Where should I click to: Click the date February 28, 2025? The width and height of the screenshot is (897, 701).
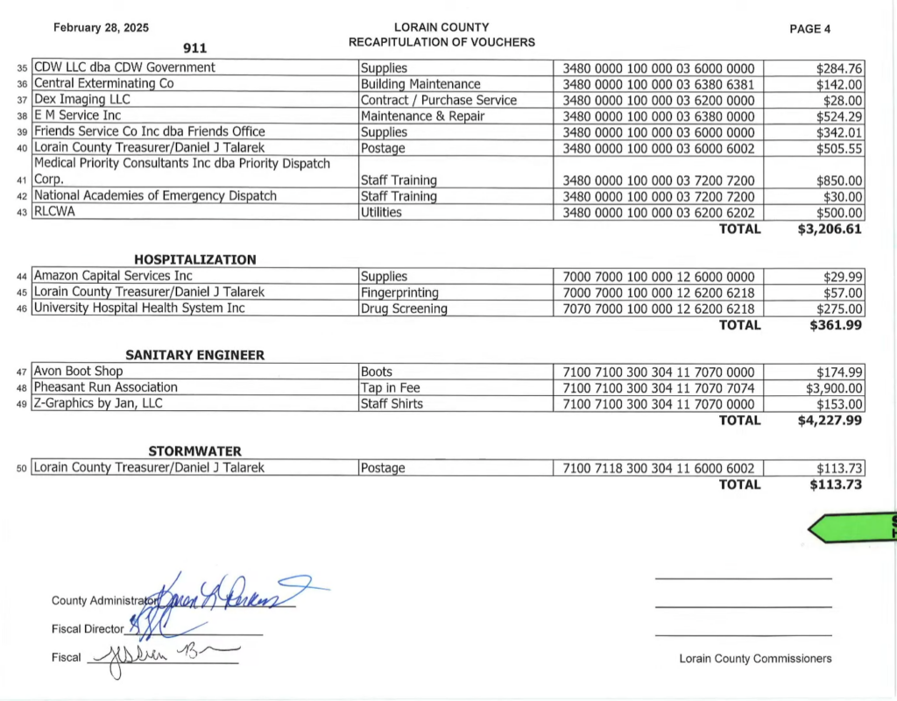point(101,28)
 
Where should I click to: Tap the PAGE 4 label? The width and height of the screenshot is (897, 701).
point(810,29)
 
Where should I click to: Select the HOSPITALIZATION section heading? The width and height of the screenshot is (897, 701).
point(194,259)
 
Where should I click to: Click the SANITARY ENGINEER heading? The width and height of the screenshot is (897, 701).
point(194,355)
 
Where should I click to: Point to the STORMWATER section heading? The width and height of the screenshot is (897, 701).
point(194,451)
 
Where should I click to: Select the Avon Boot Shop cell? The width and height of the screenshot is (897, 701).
point(78,372)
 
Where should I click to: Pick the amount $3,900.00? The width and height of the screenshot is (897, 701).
point(834,388)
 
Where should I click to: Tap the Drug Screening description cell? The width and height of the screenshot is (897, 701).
point(404,308)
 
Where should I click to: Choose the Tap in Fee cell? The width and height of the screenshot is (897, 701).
point(391,388)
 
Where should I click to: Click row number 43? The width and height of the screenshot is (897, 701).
point(23,213)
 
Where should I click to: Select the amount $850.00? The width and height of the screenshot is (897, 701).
point(839,181)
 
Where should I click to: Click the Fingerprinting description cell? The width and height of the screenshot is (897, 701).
point(399,293)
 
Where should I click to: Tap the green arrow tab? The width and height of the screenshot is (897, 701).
point(850,528)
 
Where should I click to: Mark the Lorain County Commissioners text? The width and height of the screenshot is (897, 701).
point(755,659)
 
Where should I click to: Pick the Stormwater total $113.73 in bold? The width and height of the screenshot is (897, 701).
point(836,485)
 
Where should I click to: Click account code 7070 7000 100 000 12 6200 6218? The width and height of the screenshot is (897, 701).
point(658,308)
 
